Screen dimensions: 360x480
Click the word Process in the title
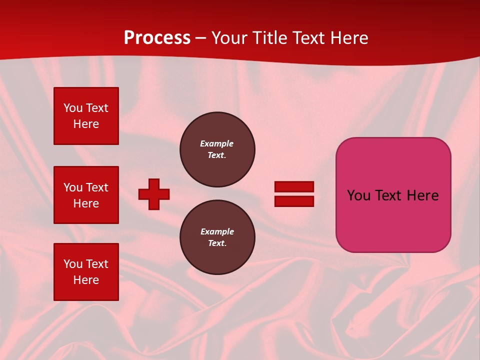coord(157,38)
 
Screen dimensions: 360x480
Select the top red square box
coord(86,116)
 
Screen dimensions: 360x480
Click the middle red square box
coord(86,195)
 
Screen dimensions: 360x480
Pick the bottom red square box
coord(86,272)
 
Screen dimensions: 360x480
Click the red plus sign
coord(154,194)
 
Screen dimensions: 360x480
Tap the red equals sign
coord(294,194)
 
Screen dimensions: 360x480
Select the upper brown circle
coord(217,149)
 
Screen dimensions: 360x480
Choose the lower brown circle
coord(217,237)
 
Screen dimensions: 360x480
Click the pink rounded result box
coord(393,195)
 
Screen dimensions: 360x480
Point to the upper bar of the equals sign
coord(294,186)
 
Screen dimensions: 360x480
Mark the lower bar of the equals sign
coord(294,201)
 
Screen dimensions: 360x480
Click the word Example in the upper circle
coord(217,143)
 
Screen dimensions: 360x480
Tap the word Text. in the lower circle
coord(217,243)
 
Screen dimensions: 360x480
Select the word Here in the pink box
coord(422,195)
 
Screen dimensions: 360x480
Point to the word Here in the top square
coord(86,124)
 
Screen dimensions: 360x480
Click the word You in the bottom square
coord(73,264)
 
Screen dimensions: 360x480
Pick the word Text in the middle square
coord(97,187)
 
